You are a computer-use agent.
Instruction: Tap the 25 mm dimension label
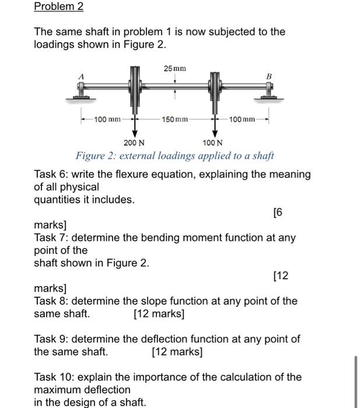tap(175, 69)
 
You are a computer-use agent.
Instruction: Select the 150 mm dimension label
tap(175, 119)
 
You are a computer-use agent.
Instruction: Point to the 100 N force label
tap(212, 143)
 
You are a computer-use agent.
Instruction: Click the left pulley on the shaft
tap(135, 87)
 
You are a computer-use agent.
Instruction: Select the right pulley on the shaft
tap(215, 87)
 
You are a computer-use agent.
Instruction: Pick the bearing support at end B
tap(268, 91)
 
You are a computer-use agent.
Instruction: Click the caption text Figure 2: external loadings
tap(174, 156)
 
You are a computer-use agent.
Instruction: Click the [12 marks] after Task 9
tap(177, 352)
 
